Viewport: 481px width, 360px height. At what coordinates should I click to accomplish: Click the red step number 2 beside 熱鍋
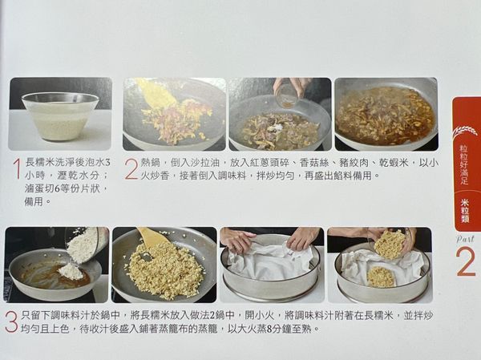(131, 168)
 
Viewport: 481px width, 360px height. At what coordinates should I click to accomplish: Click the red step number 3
(11, 322)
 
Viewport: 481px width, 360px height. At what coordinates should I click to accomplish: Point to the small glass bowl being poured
(286, 95)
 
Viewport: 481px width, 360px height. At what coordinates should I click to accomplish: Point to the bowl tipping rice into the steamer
(390, 243)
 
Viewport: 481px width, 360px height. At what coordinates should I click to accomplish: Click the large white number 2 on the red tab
(466, 262)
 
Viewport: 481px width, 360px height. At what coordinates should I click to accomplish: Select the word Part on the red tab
(466, 238)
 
